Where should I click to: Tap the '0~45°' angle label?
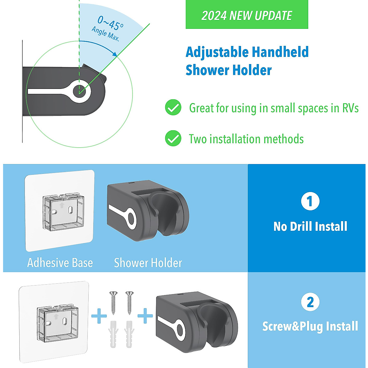pyautogui.click(x=110, y=23)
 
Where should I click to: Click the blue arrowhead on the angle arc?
pyautogui.click(x=115, y=54)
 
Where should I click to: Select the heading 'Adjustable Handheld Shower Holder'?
pyautogui.click(x=247, y=61)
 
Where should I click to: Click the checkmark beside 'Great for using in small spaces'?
pyautogui.click(x=173, y=108)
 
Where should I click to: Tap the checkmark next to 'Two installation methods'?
pyautogui.click(x=173, y=138)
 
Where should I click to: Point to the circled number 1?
pyautogui.click(x=310, y=201)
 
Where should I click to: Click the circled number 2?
pyautogui.click(x=310, y=302)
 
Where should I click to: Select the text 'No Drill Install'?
pyautogui.click(x=310, y=227)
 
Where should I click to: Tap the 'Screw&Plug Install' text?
pyautogui.click(x=310, y=326)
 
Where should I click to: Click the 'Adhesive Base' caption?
pyautogui.click(x=60, y=263)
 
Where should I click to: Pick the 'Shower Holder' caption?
pyautogui.click(x=148, y=263)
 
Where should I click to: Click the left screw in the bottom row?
pyautogui.click(x=113, y=302)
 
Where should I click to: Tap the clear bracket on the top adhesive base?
pyautogui.click(x=63, y=212)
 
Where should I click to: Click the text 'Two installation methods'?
pyautogui.click(x=246, y=139)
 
